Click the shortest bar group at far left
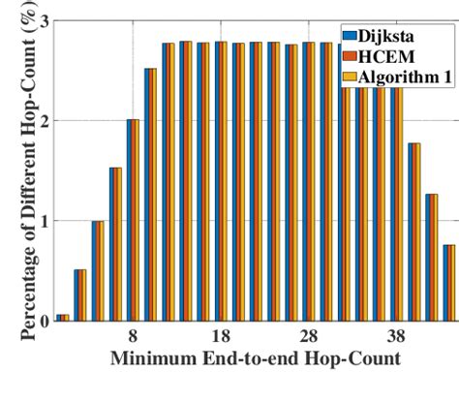[x=63, y=317]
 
